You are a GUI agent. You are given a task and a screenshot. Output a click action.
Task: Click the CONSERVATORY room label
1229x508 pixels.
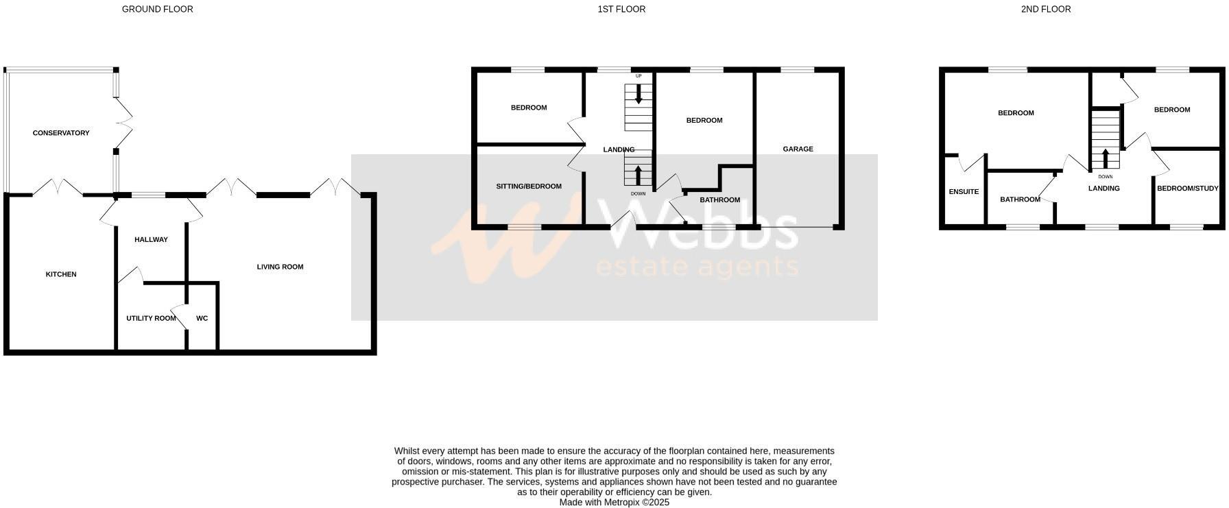click(x=61, y=133)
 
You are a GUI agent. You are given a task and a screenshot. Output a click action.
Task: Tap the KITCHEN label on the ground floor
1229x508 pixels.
click(x=61, y=274)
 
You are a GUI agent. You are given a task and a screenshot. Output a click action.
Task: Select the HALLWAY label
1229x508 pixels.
click(x=151, y=240)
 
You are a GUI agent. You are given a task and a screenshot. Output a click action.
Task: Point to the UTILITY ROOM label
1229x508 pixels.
click(x=151, y=318)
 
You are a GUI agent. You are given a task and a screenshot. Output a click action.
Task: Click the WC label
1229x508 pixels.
click(x=202, y=318)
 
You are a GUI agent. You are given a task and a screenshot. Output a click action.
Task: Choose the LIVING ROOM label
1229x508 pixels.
click(x=280, y=267)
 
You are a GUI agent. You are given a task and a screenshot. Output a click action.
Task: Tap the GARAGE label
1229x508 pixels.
click(x=798, y=149)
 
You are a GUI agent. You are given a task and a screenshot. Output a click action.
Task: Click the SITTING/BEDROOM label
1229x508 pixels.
click(x=529, y=186)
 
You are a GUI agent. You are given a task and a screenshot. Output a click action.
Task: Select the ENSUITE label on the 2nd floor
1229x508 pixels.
click(x=964, y=192)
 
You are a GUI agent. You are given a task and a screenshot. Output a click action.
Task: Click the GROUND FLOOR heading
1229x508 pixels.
click(x=157, y=10)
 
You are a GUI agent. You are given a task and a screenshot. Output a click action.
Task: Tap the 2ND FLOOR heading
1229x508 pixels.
click(x=1045, y=10)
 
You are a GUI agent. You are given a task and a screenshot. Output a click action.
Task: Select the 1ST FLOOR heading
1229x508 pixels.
click(x=621, y=10)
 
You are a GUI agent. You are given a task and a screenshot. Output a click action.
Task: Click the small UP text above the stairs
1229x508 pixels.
click(x=639, y=76)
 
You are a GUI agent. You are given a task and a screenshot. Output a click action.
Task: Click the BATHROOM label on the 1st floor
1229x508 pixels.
click(x=719, y=200)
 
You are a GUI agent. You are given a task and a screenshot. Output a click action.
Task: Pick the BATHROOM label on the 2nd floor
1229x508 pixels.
click(x=1020, y=199)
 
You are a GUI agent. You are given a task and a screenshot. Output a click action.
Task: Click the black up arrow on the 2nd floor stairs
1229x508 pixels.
click(x=1105, y=158)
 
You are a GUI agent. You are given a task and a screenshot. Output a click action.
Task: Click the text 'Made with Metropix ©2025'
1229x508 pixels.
click(x=614, y=502)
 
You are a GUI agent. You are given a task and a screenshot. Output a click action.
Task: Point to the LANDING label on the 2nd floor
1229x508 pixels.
click(x=1103, y=189)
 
